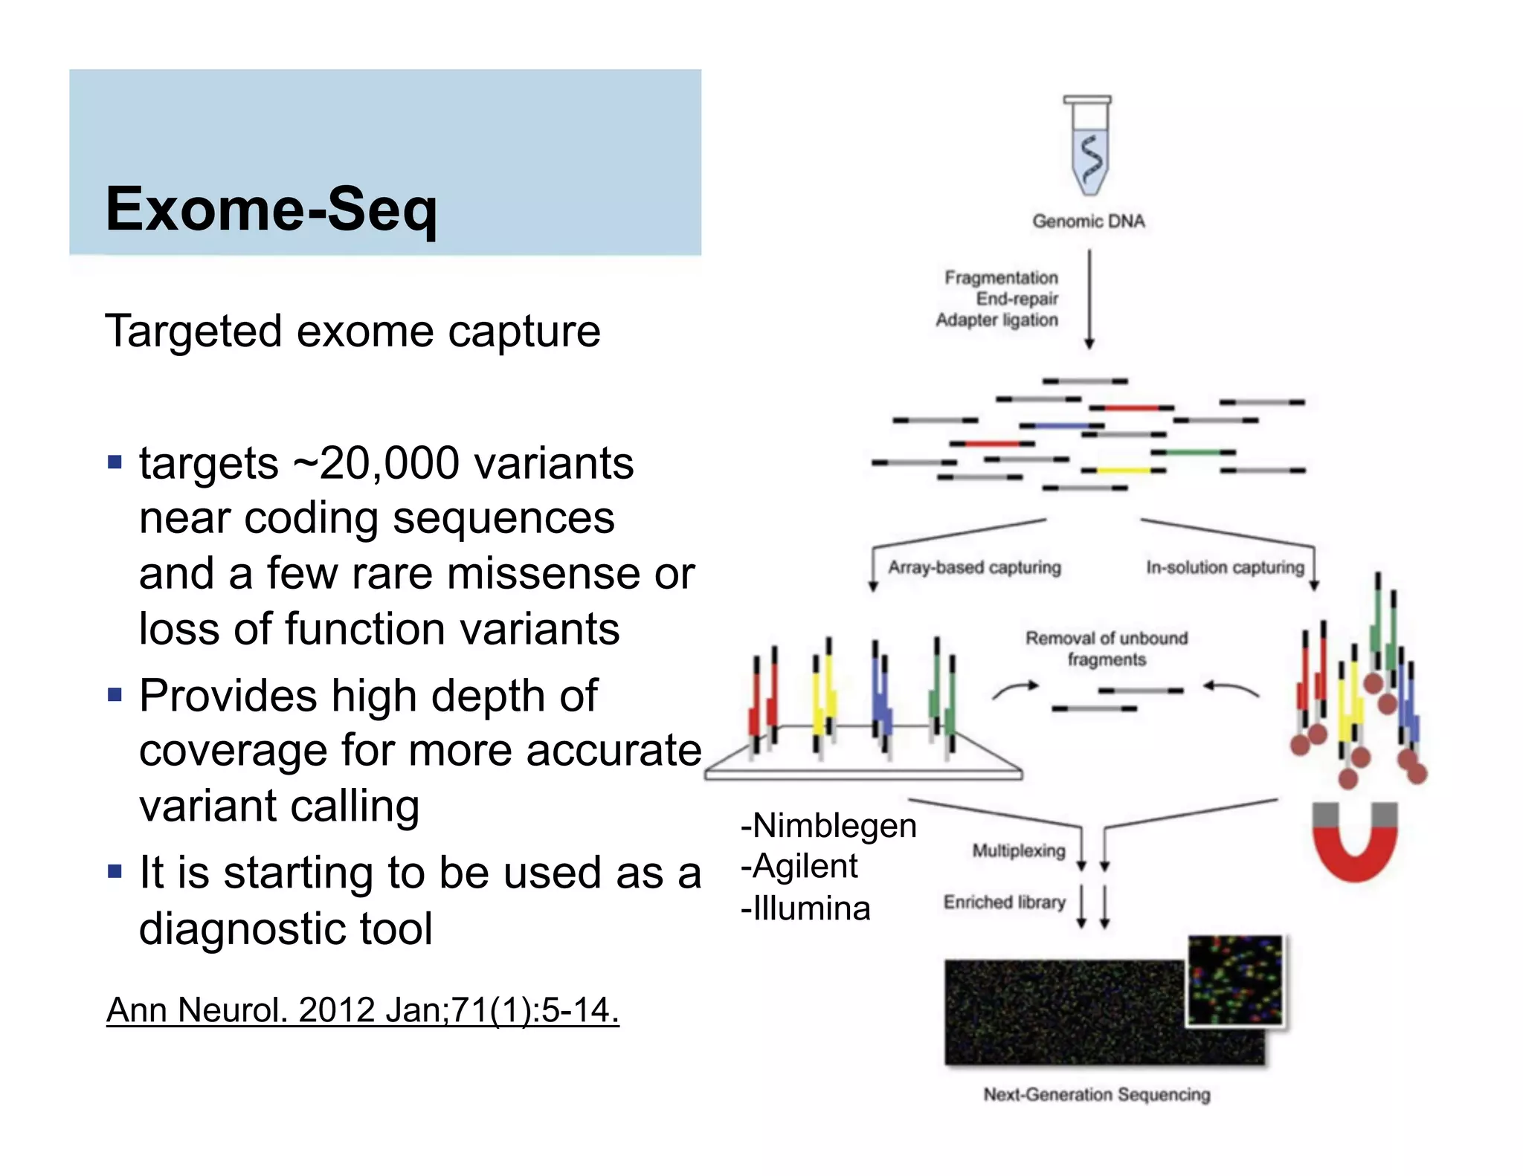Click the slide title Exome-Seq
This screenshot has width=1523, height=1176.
click(x=271, y=210)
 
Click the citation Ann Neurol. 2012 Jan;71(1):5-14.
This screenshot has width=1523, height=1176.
click(x=362, y=1010)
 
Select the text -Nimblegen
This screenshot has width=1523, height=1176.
click(x=828, y=826)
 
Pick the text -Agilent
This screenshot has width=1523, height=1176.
click(x=799, y=867)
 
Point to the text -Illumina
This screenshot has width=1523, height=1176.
click(x=805, y=908)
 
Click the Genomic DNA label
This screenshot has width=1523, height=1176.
click(x=1088, y=221)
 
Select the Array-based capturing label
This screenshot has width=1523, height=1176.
click(x=974, y=567)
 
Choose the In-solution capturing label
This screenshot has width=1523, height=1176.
click(x=1225, y=567)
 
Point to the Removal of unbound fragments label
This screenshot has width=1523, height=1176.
click(x=1107, y=648)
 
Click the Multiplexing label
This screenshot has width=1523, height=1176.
click(x=1018, y=850)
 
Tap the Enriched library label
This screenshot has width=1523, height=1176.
click(x=1004, y=902)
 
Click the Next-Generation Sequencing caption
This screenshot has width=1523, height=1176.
click(x=1096, y=1094)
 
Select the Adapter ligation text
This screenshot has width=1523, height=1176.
click(x=996, y=320)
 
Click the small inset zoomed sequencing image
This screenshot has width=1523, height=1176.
click(x=1235, y=980)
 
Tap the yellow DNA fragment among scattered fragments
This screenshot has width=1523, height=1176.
click(x=1123, y=471)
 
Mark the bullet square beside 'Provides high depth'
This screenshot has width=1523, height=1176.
click(x=115, y=696)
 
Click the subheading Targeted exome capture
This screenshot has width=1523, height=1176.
click(x=352, y=332)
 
